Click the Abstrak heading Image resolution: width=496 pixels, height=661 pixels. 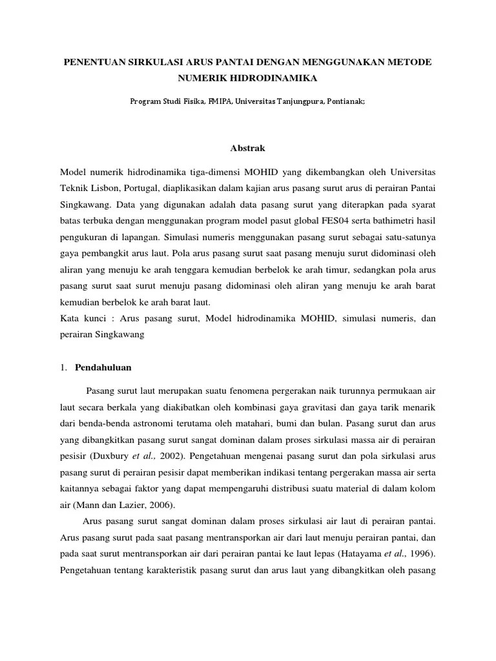[247, 148]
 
